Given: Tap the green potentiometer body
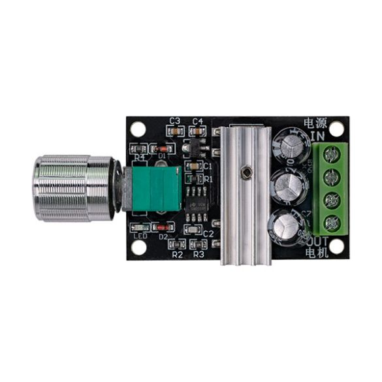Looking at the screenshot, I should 155,188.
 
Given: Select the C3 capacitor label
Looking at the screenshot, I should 174,121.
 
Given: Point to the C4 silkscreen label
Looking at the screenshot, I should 199,121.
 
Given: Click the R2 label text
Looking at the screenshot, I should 177,255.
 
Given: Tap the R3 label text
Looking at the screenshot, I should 199,255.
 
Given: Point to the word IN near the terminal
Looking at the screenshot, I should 317,135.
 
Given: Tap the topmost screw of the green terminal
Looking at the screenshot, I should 333,154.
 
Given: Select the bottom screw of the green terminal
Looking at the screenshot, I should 333,224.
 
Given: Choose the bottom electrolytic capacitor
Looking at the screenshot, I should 288,226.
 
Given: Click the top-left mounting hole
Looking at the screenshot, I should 138,129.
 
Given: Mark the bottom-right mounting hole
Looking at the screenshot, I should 336,247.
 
